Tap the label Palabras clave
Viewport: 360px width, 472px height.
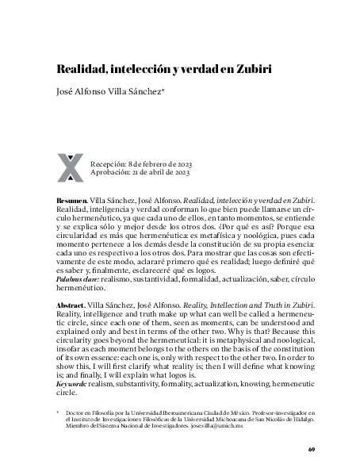78,282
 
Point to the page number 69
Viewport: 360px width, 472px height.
312,450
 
